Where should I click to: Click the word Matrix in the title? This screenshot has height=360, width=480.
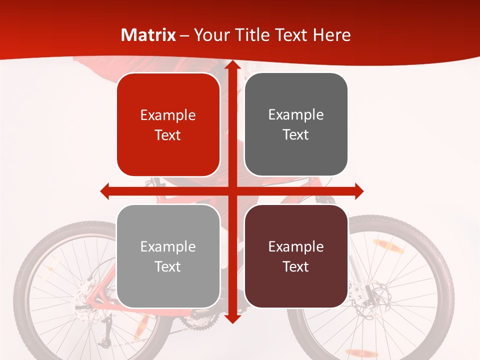tap(148, 35)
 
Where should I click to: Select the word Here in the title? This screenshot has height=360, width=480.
tap(331, 35)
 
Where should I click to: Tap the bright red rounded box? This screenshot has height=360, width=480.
tap(168, 125)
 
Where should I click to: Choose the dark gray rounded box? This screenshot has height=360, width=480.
tap(296, 124)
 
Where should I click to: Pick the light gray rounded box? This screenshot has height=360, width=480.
tap(168, 256)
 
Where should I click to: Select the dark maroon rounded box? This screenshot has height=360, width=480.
tap(296, 256)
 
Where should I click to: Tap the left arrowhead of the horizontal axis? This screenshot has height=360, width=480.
tap(105, 191)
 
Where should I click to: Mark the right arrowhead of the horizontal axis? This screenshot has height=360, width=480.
tap(358, 191)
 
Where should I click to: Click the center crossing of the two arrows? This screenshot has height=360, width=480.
tap(231, 191)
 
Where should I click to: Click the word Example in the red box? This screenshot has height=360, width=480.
tap(168, 115)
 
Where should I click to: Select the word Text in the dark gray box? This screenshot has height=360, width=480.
tap(296, 135)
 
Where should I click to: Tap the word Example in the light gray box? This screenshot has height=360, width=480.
tap(168, 246)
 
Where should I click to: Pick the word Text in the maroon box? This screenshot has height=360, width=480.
tap(296, 266)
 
